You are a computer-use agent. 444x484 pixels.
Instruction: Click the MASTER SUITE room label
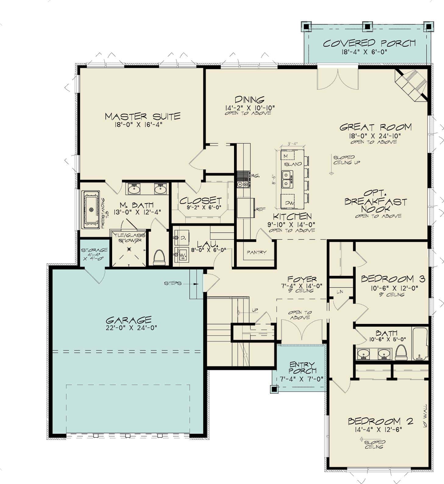143,116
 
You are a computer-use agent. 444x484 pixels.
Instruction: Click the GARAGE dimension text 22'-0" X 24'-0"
131,328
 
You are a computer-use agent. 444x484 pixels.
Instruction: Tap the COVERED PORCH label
369,43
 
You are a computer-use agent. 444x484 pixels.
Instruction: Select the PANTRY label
257,252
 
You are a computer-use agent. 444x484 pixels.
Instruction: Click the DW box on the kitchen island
288,202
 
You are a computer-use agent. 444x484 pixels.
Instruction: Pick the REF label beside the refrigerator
261,209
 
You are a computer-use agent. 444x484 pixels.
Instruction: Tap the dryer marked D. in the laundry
182,238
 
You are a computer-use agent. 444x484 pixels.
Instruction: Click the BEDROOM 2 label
380,422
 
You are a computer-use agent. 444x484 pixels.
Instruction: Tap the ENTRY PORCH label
302,368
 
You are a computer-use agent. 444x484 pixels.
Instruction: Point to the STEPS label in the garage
172,283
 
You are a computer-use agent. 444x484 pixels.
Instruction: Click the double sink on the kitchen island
287,179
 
